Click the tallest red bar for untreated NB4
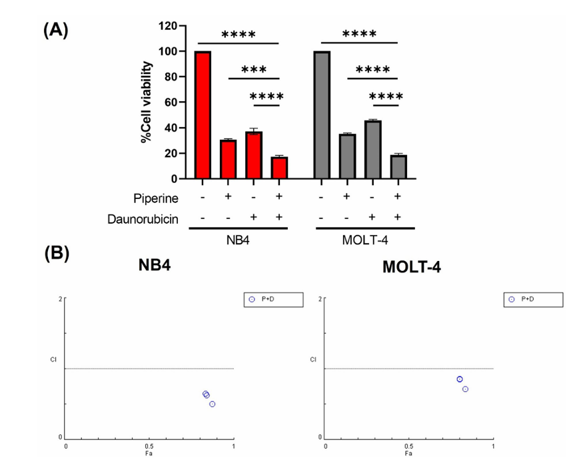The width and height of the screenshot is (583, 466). coord(203,115)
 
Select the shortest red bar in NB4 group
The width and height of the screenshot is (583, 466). coord(279,168)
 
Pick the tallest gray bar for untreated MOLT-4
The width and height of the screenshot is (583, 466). coord(322,115)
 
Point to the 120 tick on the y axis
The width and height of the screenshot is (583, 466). coord(167,26)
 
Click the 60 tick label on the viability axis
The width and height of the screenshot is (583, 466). coord(171,103)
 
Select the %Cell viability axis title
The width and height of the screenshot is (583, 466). coord(147,102)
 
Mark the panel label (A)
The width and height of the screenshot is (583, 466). coord(55,31)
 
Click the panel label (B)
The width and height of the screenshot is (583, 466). coord(55,254)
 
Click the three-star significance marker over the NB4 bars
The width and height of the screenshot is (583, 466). coord(254,70)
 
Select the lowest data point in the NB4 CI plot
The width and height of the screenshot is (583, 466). coord(212,404)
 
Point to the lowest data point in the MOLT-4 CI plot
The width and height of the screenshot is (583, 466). coord(465,389)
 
